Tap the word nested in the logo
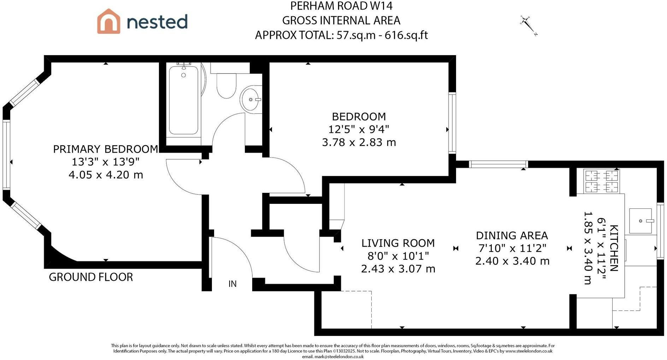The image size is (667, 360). click(x=157, y=22)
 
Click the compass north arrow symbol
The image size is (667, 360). click(x=529, y=26)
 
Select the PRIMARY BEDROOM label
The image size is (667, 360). click(x=106, y=149)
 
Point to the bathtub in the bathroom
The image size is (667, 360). click(x=183, y=100)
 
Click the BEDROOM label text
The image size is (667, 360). click(x=359, y=117)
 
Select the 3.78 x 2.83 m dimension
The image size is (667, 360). click(x=359, y=142)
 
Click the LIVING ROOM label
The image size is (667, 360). click(x=398, y=243)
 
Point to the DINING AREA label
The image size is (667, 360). click(x=512, y=236)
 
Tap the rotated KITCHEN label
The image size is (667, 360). click(x=614, y=248)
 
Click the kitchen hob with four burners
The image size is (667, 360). click(x=602, y=181)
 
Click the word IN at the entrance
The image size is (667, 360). click(x=232, y=284)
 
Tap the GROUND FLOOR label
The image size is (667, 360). click(x=91, y=277)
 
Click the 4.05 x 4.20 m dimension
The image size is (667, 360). click(x=106, y=175)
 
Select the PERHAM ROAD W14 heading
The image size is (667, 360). click(x=341, y=6)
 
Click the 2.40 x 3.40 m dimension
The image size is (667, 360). click(x=512, y=261)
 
